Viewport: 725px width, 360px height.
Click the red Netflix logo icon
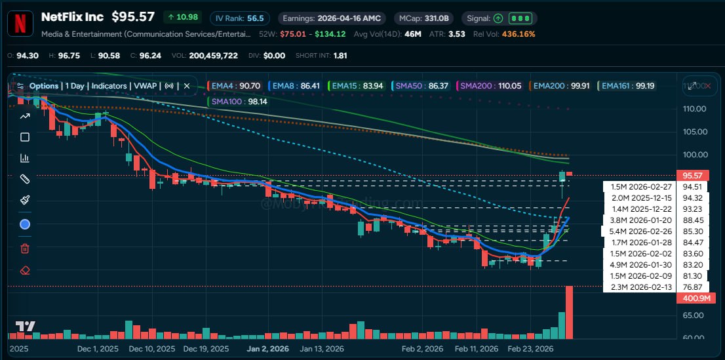(21, 23)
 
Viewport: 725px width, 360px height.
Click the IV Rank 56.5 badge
(237, 18)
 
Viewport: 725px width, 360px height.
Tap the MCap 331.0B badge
(425, 18)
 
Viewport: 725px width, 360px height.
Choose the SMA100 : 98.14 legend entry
(234, 102)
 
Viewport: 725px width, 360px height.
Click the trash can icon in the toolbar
(25, 248)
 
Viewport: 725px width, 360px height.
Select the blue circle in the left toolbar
(25, 224)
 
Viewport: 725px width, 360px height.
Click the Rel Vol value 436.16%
(518, 33)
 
